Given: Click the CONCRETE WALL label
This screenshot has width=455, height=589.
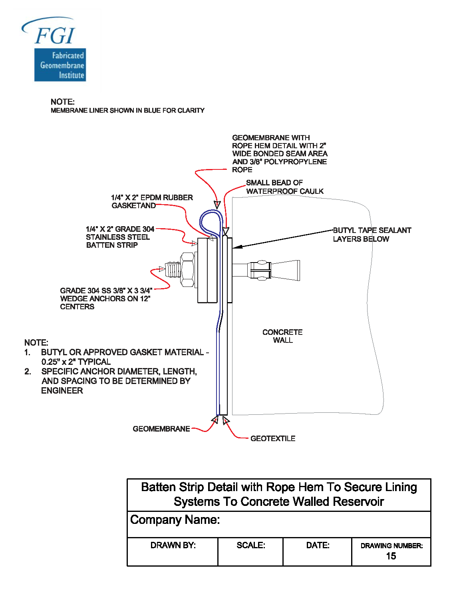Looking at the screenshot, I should [282, 336].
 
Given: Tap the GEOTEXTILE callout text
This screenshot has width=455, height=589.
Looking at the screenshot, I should [273, 438].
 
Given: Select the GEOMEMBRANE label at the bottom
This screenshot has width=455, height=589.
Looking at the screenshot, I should [161, 429].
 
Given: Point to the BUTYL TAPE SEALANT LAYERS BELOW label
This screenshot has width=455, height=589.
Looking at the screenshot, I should [372, 235].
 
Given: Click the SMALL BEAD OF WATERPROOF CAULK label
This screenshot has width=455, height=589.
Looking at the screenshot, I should [284, 187].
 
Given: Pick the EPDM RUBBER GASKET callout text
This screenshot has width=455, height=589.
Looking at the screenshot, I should [151, 201].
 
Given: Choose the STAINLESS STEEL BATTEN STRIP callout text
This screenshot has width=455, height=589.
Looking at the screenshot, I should [119, 237].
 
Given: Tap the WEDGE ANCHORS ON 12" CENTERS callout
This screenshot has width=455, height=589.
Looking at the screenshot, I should [105, 298].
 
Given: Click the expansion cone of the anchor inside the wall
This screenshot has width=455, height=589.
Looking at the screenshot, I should [285, 271].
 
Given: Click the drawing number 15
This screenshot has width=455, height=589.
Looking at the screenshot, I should [391, 556].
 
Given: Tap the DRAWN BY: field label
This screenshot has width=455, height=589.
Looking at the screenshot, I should [173, 545].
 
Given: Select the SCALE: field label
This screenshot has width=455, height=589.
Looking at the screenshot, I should [251, 545].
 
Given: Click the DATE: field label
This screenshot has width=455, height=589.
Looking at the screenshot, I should [318, 545].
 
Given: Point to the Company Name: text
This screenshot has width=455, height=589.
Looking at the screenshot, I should [175, 520].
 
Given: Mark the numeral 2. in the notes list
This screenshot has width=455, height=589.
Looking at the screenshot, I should [28, 372].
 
